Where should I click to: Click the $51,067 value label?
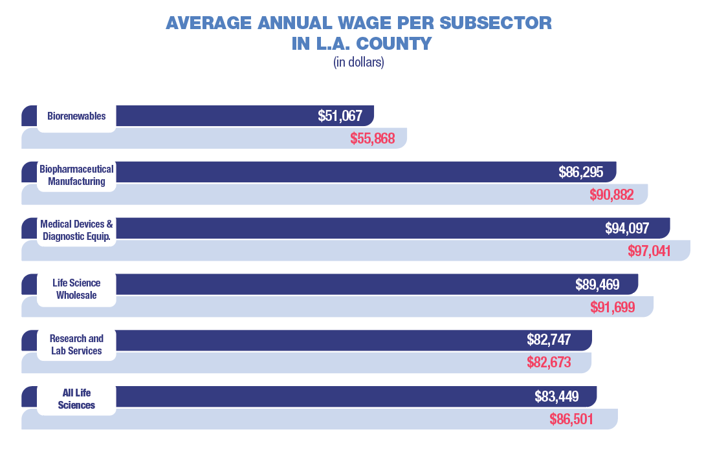pos(340,116)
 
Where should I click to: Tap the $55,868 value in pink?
pos(373,138)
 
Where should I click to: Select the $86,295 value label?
pos(581,173)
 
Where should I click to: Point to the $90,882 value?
pos(611,195)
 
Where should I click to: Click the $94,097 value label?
pos(627,228)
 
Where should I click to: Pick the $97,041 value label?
pos(650,251)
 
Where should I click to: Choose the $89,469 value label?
pos(597,285)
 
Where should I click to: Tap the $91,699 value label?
pos(613,307)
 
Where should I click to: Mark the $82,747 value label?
pos(549,341)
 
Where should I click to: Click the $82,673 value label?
pos(549,363)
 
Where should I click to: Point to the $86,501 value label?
pos(571,419)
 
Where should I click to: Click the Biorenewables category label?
pos(76,117)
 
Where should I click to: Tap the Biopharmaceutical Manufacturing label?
pos(76,175)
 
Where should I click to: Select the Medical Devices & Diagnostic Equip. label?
pos(76,230)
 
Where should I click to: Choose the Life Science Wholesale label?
pos(76,288)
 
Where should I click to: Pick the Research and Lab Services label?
pos(76,345)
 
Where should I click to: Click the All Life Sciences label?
pos(76,399)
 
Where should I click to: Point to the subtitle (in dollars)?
pos(358,63)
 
